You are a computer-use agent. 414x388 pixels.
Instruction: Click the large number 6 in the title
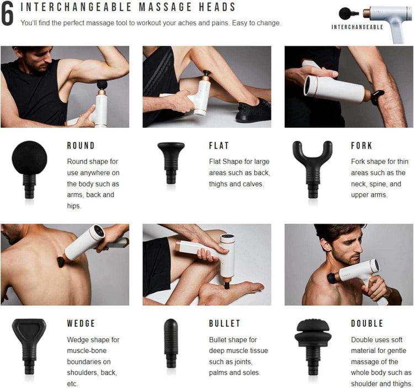pos(8,15)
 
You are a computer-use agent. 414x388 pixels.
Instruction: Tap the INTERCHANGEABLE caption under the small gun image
pos(357,26)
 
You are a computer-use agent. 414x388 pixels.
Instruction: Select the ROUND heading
pos(81,146)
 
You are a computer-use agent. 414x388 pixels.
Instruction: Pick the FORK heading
pos(362,146)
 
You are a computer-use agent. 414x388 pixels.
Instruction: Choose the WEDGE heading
pos(81,323)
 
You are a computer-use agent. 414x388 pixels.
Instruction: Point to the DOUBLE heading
pos(367,323)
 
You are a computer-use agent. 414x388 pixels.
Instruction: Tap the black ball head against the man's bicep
pos(102,84)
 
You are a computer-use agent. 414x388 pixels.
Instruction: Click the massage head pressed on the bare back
pos(60,261)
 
